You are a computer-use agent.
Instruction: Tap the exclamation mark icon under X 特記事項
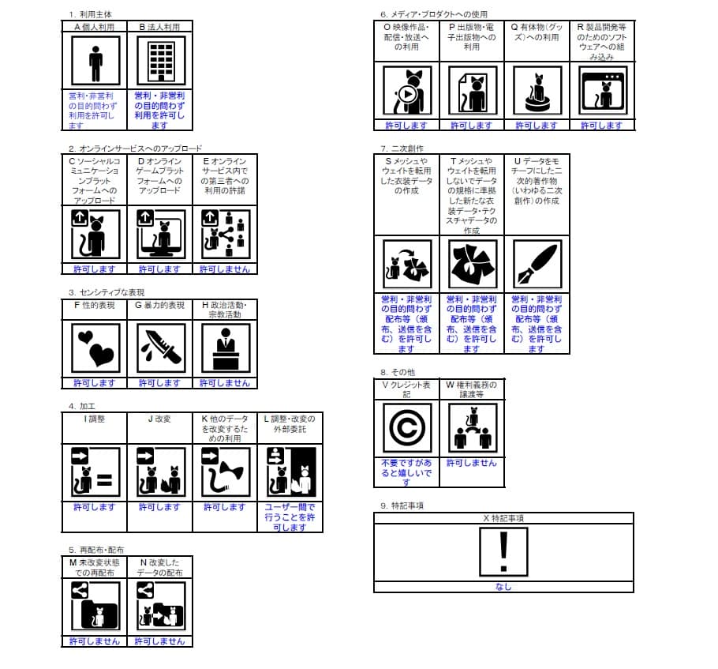click(503, 551)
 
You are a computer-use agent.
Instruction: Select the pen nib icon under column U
click(536, 264)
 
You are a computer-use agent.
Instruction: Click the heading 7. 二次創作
click(402, 148)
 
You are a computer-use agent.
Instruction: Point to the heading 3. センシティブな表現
click(106, 292)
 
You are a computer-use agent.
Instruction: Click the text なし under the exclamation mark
click(503, 587)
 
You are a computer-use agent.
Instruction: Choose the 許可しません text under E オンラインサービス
click(225, 269)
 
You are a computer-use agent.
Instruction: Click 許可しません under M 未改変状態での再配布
click(95, 641)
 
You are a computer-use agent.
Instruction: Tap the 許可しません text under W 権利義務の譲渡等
click(471, 463)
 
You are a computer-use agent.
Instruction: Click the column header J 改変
click(159, 419)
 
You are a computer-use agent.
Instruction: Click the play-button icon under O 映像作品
click(406, 92)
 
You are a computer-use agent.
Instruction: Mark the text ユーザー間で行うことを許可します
click(290, 517)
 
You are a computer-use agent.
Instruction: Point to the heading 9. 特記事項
click(402, 506)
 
